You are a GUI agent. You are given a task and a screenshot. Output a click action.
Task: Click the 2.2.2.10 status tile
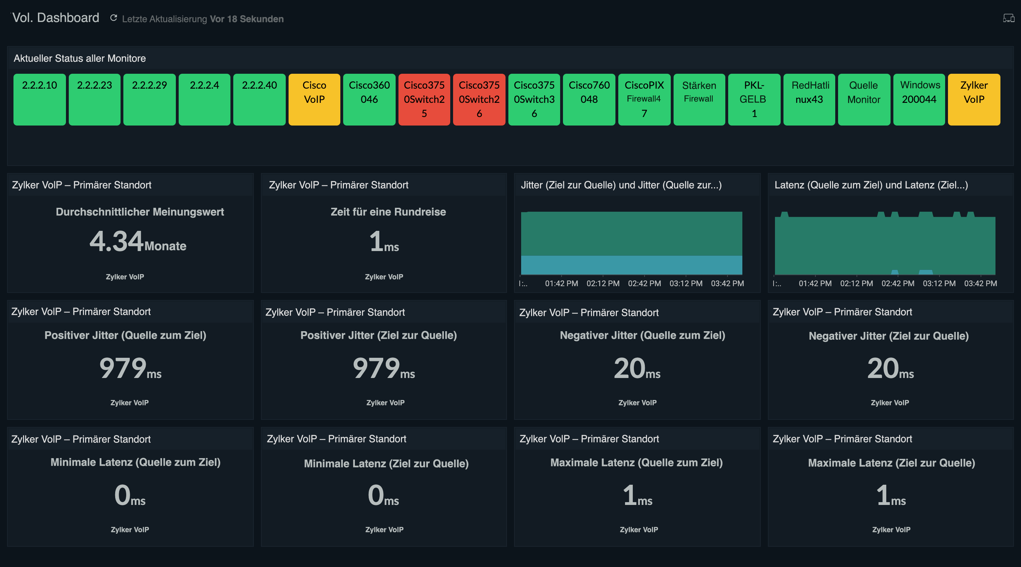click(39, 99)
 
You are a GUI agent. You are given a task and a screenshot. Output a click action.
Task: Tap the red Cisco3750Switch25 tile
click(424, 99)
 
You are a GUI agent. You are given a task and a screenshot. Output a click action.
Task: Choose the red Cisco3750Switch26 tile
click(479, 99)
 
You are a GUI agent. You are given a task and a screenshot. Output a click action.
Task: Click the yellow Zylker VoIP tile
click(973, 99)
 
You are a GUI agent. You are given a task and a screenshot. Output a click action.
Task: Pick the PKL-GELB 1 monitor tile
click(754, 99)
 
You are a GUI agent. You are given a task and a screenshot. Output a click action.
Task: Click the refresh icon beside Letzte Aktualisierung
click(113, 18)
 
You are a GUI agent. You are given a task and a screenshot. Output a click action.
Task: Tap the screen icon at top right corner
click(1008, 18)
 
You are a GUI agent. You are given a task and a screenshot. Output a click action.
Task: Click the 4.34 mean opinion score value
click(117, 241)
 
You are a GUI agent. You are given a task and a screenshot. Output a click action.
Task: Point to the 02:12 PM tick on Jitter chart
click(602, 283)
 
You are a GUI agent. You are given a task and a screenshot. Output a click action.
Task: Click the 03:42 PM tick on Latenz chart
click(980, 283)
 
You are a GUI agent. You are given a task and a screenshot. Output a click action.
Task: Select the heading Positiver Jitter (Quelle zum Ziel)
click(125, 335)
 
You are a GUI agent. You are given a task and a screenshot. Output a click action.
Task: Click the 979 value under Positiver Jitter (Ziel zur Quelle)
click(376, 368)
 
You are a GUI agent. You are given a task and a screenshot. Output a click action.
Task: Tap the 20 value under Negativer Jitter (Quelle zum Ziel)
click(629, 368)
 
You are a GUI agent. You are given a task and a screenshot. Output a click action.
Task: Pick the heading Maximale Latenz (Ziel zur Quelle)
click(891, 463)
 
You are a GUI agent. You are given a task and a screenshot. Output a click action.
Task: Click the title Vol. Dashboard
click(56, 18)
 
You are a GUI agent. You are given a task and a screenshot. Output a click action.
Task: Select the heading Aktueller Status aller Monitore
click(80, 58)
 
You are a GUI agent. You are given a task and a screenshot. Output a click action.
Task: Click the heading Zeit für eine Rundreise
click(388, 212)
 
